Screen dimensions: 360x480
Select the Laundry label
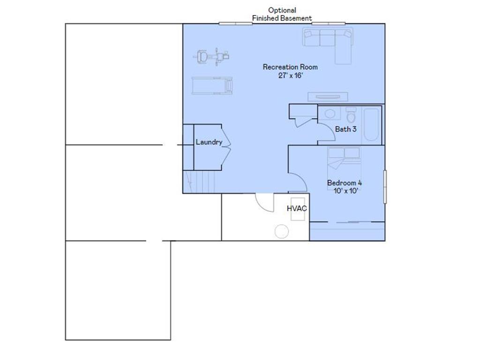[x=209, y=142]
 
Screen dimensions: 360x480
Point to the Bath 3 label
[x=346, y=129]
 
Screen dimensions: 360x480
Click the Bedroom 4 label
[x=345, y=183]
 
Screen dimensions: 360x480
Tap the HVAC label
[x=297, y=208]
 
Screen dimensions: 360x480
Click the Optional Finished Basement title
[x=282, y=14]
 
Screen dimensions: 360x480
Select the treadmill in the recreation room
[x=212, y=86]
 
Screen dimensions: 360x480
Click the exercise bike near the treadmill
[x=212, y=57]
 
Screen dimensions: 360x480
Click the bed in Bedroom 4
[x=344, y=162]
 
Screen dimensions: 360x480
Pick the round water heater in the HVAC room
[x=282, y=232]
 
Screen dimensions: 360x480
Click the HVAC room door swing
[x=265, y=202]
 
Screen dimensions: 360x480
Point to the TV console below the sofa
[x=328, y=97]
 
